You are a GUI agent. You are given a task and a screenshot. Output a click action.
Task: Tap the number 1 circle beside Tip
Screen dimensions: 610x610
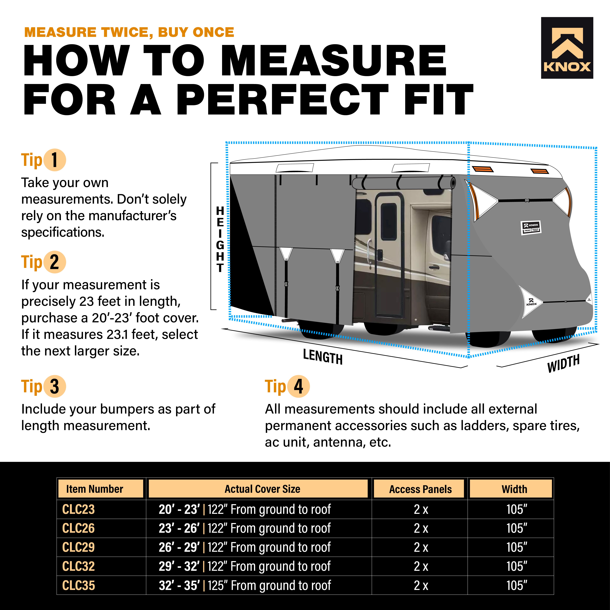[x=55, y=160]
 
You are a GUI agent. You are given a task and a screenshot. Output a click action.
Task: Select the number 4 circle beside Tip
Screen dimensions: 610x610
[x=298, y=386]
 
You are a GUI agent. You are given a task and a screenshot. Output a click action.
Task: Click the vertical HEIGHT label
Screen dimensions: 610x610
[x=220, y=239]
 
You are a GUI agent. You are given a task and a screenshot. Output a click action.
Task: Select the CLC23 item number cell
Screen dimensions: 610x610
[x=78, y=509]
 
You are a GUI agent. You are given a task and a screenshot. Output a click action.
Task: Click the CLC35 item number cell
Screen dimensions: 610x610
[x=78, y=585]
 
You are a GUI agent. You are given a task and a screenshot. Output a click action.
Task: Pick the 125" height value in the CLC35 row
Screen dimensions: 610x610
[x=218, y=585]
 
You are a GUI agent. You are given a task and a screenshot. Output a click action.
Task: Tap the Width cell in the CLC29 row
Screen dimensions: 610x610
[x=517, y=547]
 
